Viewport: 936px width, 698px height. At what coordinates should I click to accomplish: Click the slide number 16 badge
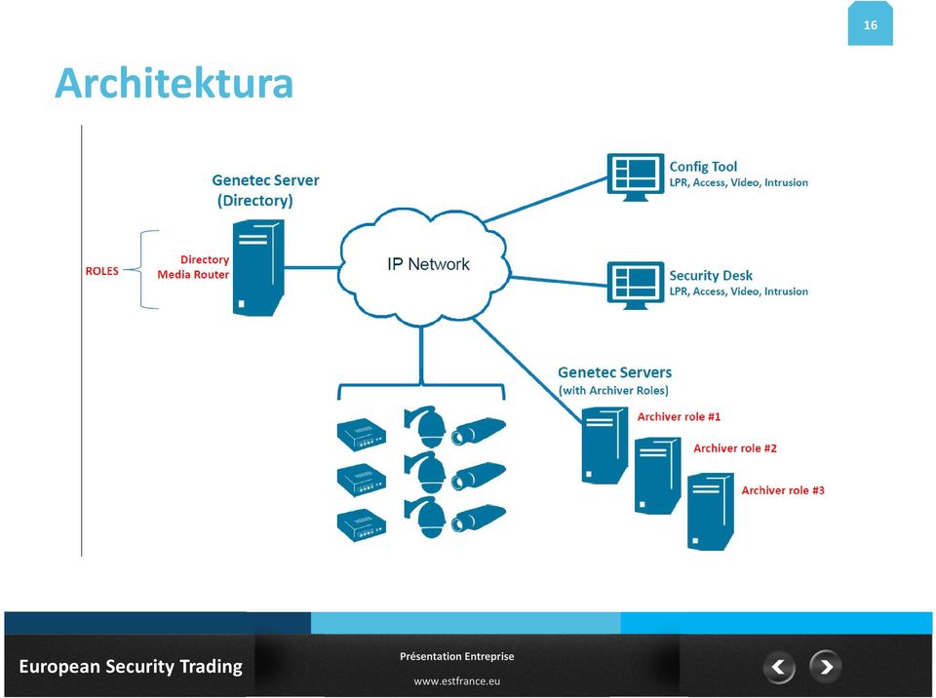coord(871,23)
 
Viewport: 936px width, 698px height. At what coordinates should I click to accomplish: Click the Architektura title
coord(174,83)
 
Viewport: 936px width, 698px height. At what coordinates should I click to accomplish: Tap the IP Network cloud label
coord(428,264)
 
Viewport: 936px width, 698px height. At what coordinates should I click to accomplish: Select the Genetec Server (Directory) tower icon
coord(257,267)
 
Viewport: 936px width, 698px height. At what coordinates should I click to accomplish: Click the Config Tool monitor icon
coord(635,176)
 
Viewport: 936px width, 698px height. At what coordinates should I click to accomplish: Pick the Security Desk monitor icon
coord(635,286)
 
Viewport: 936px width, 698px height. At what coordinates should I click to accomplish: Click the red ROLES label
coord(102,271)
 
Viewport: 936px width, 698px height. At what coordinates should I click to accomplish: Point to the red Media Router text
coord(193,275)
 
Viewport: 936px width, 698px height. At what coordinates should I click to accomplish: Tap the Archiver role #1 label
coord(679,417)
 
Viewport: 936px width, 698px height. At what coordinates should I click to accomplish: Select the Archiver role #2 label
coord(735,448)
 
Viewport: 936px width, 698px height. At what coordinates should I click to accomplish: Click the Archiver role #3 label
coord(783,490)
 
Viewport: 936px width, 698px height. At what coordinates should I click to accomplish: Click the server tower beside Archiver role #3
coord(711,512)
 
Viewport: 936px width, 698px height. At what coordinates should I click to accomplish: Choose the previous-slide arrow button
coord(778,667)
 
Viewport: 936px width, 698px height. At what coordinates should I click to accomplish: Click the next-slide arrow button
coord(826,666)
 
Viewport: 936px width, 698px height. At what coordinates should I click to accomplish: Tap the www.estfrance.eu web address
coord(456,680)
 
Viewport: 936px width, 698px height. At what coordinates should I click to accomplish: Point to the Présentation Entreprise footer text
coord(456,656)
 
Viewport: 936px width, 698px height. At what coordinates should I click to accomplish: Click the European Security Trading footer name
coord(131,667)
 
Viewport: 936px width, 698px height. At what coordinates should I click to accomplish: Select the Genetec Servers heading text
coord(614,372)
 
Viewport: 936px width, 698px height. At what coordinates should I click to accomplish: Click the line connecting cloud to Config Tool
coord(546,200)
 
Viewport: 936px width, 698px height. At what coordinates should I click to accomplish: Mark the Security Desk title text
coord(711,275)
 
